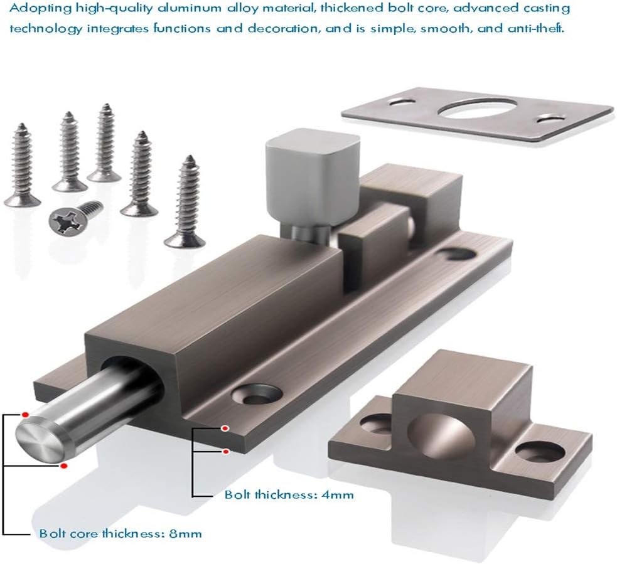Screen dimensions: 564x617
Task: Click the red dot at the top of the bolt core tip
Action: click(25, 414)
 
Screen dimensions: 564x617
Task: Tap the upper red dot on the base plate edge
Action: click(225, 428)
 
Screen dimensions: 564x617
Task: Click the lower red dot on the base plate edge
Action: click(225, 450)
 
